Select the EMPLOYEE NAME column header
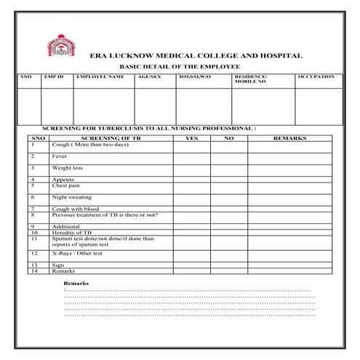pyautogui.click(x=100, y=76)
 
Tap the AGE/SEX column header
pyautogui.click(x=149, y=76)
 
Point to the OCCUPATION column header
pyautogui.click(x=316, y=76)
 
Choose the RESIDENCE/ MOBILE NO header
pyautogui.click(x=250, y=79)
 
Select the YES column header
pyautogui.click(x=192, y=137)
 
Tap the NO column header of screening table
pyautogui.click(x=228, y=137)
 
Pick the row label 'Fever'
pyautogui.click(x=59, y=156)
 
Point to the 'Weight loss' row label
pyautogui.click(x=66, y=168)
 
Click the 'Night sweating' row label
pyautogui.click(x=71, y=197)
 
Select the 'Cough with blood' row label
pyautogui.click(x=75, y=209)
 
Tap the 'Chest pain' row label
pyautogui.click(x=65, y=185)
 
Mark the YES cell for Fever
pyautogui.click(x=192, y=157)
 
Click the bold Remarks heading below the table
pyautogui.click(x=76, y=282)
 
